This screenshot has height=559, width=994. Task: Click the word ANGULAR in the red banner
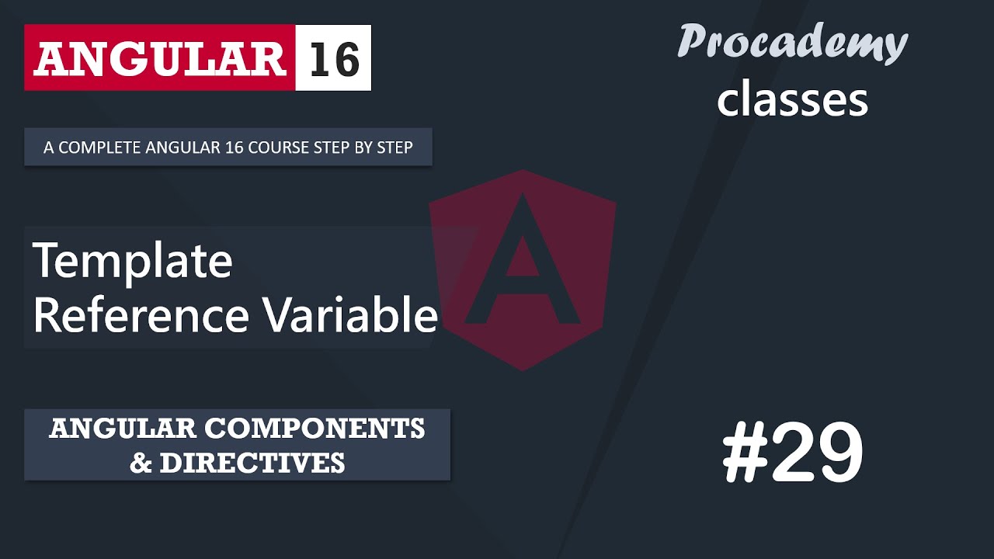click(x=159, y=59)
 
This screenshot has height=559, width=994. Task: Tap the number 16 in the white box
click(x=334, y=59)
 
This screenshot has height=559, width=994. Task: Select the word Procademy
click(x=792, y=42)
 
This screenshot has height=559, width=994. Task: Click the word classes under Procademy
click(x=792, y=100)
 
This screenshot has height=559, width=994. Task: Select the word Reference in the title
click(x=141, y=315)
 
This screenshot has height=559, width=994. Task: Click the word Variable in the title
click(x=349, y=315)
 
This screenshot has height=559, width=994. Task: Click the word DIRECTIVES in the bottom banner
click(x=252, y=463)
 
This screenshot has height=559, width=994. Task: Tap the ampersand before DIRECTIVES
click(x=141, y=464)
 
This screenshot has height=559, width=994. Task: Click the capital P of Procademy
click(x=693, y=42)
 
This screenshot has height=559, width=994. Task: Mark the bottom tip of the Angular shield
click(x=523, y=370)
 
